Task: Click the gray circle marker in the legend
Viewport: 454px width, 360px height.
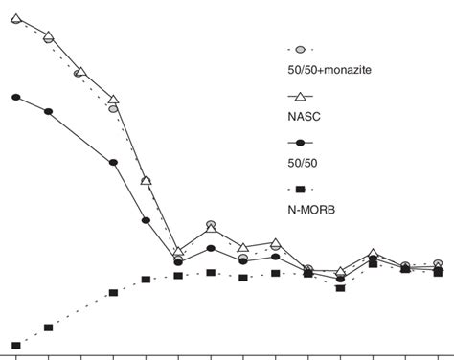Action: (x=301, y=48)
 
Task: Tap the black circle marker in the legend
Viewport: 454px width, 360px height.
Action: (x=300, y=142)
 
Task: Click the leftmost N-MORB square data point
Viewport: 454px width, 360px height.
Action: (x=16, y=345)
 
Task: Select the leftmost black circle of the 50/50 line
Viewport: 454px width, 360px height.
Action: (x=16, y=97)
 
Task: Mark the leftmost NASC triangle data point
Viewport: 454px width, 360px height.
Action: (x=16, y=17)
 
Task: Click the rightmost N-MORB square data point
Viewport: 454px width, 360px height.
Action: (x=438, y=271)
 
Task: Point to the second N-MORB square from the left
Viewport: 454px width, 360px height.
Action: (x=49, y=326)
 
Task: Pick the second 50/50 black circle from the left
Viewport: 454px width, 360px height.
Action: (x=49, y=111)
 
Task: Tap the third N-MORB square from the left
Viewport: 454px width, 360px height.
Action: (x=113, y=292)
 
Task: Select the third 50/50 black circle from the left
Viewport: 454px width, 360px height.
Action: (x=113, y=163)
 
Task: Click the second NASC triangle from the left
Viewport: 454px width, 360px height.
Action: (x=49, y=36)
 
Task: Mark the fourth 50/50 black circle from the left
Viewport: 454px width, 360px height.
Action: (x=146, y=220)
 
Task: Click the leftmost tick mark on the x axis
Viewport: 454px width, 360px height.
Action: (x=16, y=356)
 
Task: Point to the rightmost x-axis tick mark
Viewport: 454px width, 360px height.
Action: (x=438, y=356)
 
